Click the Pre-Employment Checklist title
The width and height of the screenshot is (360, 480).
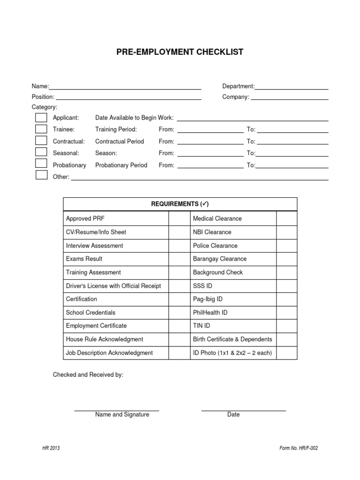180,52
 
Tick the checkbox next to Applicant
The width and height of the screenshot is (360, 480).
41,117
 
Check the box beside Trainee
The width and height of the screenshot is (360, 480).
41,129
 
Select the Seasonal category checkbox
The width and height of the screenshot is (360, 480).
41,152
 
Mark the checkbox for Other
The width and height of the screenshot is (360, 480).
41,175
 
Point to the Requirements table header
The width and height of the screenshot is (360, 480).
180,204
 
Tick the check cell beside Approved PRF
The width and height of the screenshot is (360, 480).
178,218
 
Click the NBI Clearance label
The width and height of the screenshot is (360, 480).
212,232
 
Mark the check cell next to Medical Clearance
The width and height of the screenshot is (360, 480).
286,218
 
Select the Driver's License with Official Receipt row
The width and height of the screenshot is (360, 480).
113,286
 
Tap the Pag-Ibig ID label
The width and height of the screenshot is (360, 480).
208,299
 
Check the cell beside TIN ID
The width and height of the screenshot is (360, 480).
286,326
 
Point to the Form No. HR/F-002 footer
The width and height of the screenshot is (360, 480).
298,448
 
